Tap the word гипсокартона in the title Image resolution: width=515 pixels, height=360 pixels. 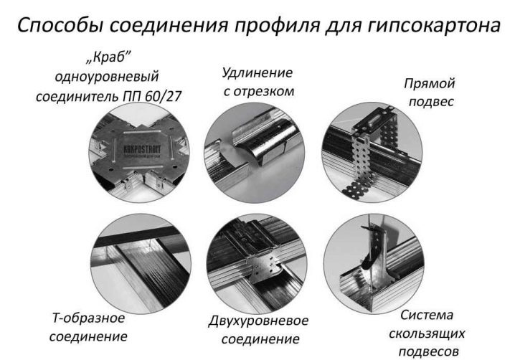[x=434, y=26]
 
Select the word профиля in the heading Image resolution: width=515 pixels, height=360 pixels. [x=277, y=26]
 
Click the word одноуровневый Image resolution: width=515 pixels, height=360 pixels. [x=107, y=77]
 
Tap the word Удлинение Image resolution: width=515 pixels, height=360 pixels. [x=257, y=72]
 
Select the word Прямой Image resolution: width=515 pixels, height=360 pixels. [x=429, y=83]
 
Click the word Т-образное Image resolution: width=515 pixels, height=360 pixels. [x=89, y=318]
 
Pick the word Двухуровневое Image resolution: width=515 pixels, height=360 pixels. [x=258, y=321]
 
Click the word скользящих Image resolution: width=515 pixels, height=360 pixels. [x=427, y=333]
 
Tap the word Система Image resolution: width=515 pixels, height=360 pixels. [x=427, y=315]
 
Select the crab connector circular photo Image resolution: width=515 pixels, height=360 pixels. [x=140, y=152]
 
